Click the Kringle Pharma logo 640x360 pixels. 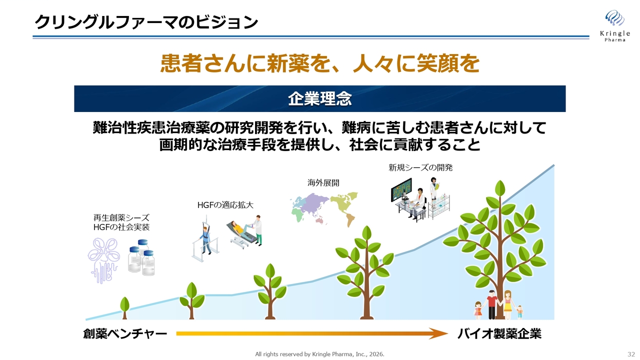click(614, 25)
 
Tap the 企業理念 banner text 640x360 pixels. click(319, 98)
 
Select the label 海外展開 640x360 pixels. click(323, 183)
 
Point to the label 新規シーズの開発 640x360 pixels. click(420, 168)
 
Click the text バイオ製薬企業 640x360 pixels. click(499, 333)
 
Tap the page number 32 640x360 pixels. click(630, 354)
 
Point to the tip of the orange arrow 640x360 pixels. click(446, 333)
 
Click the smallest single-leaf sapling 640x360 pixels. click(125, 306)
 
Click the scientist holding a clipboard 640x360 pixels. click(433, 192)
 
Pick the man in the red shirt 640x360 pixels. click(492, 303)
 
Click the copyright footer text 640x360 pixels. click(319, 354)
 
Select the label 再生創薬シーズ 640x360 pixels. click(121, 218)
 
